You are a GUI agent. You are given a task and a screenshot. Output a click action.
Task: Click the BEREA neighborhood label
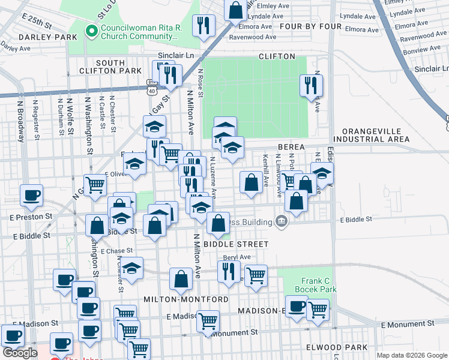tap(292, 146)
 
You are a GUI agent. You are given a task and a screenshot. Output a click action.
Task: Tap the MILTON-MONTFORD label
tap(185, 299)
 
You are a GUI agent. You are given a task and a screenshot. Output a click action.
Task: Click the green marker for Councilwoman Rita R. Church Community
tap(92, 31)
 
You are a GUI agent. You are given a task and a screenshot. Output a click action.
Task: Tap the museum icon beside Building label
tap(280, 221)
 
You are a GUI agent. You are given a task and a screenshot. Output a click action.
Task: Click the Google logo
tap(20, 352)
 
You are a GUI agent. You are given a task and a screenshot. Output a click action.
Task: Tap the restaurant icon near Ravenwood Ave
tap(204, 25)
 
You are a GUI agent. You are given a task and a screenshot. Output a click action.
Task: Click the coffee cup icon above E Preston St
tap(31, 194)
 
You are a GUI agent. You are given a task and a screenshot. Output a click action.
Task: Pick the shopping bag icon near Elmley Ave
tap(236, 10)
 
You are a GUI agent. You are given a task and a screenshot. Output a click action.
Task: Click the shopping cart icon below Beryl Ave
tap(256, 275)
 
